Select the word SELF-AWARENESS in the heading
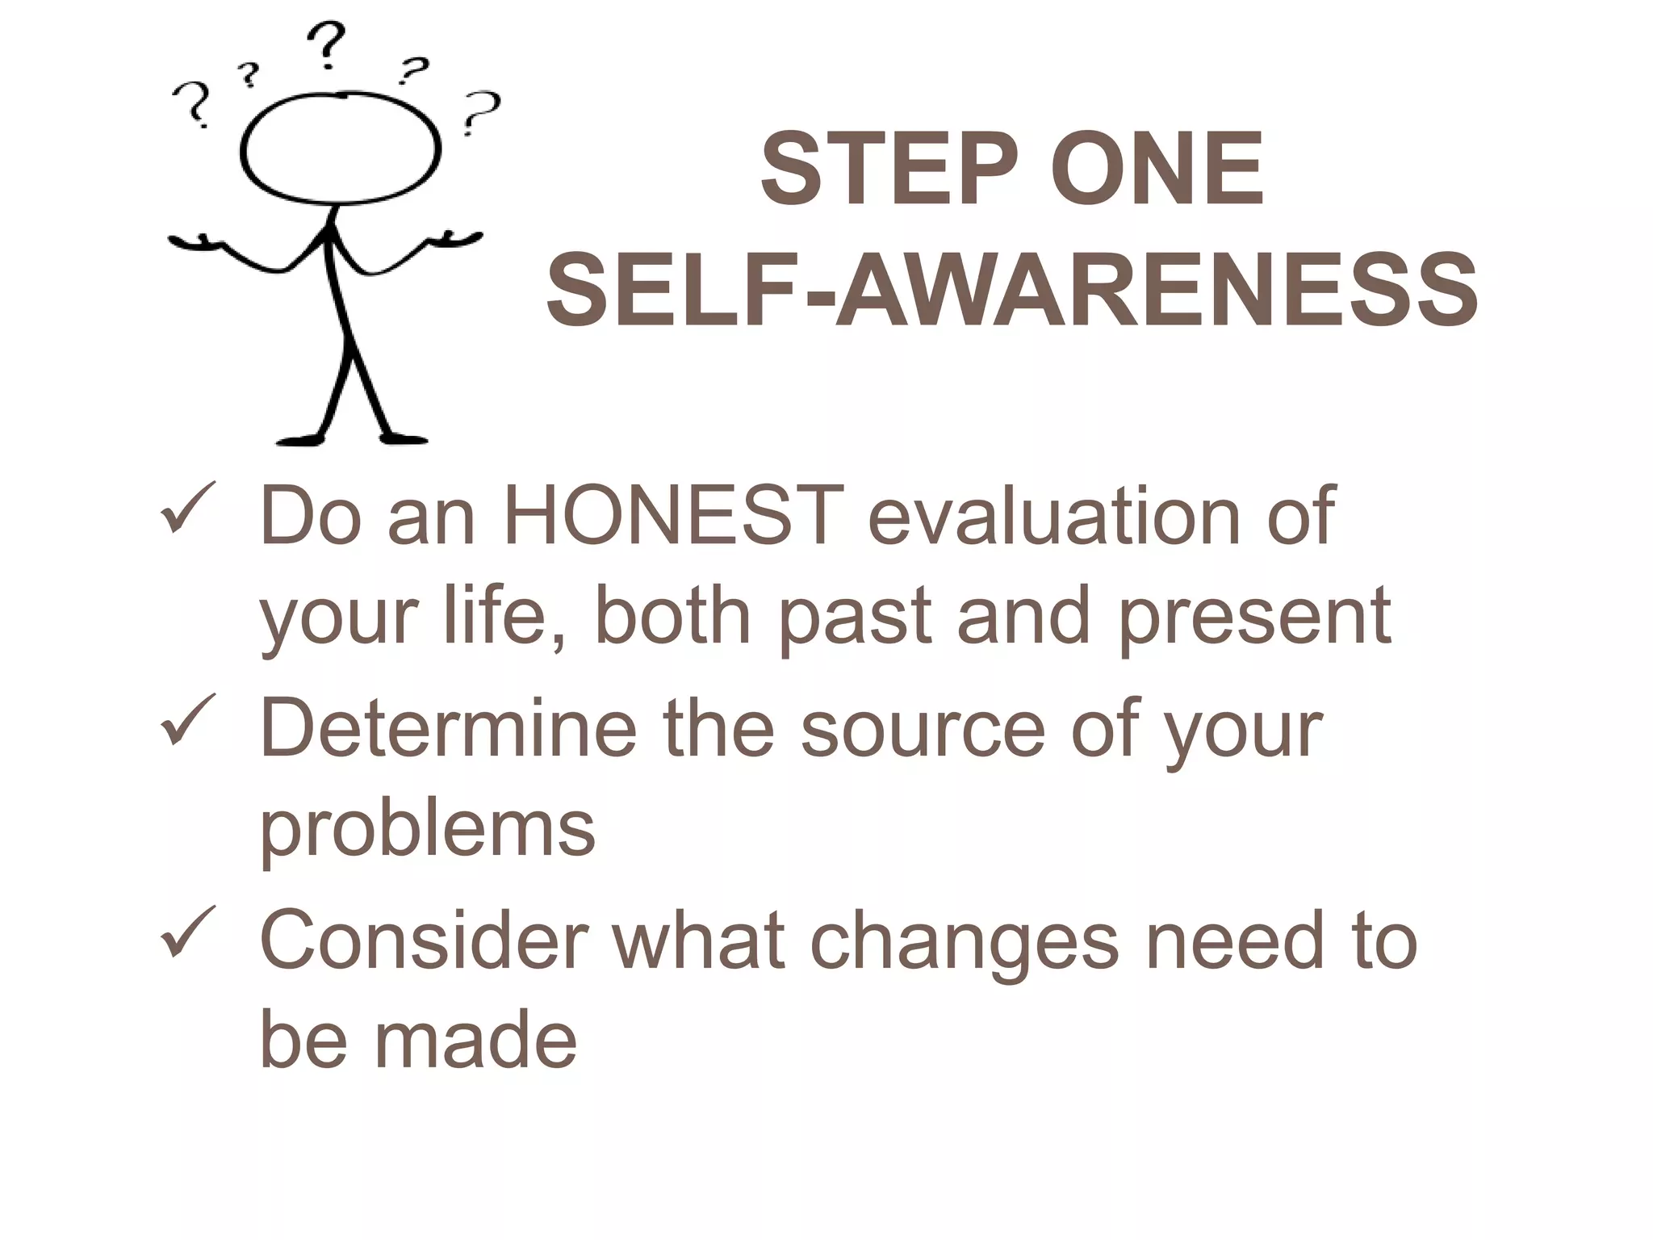1012,289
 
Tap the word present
1254,617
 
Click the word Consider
424,940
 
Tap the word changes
964,940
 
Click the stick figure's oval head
341,149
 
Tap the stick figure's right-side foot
404,438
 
